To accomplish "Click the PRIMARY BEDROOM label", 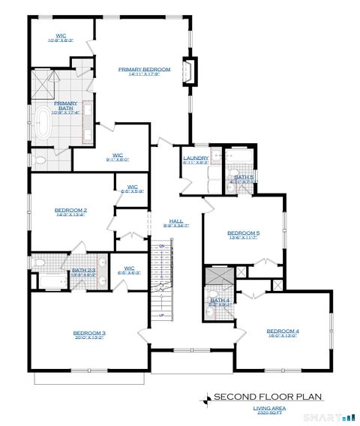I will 145,69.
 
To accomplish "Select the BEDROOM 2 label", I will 71,210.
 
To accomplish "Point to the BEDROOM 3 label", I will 89,332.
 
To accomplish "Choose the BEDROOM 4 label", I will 283,331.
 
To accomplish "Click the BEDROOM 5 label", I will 244,232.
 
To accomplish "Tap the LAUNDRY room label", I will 195,157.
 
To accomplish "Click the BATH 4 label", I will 220,301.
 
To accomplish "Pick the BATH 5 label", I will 244,177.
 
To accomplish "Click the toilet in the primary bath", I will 40,160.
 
